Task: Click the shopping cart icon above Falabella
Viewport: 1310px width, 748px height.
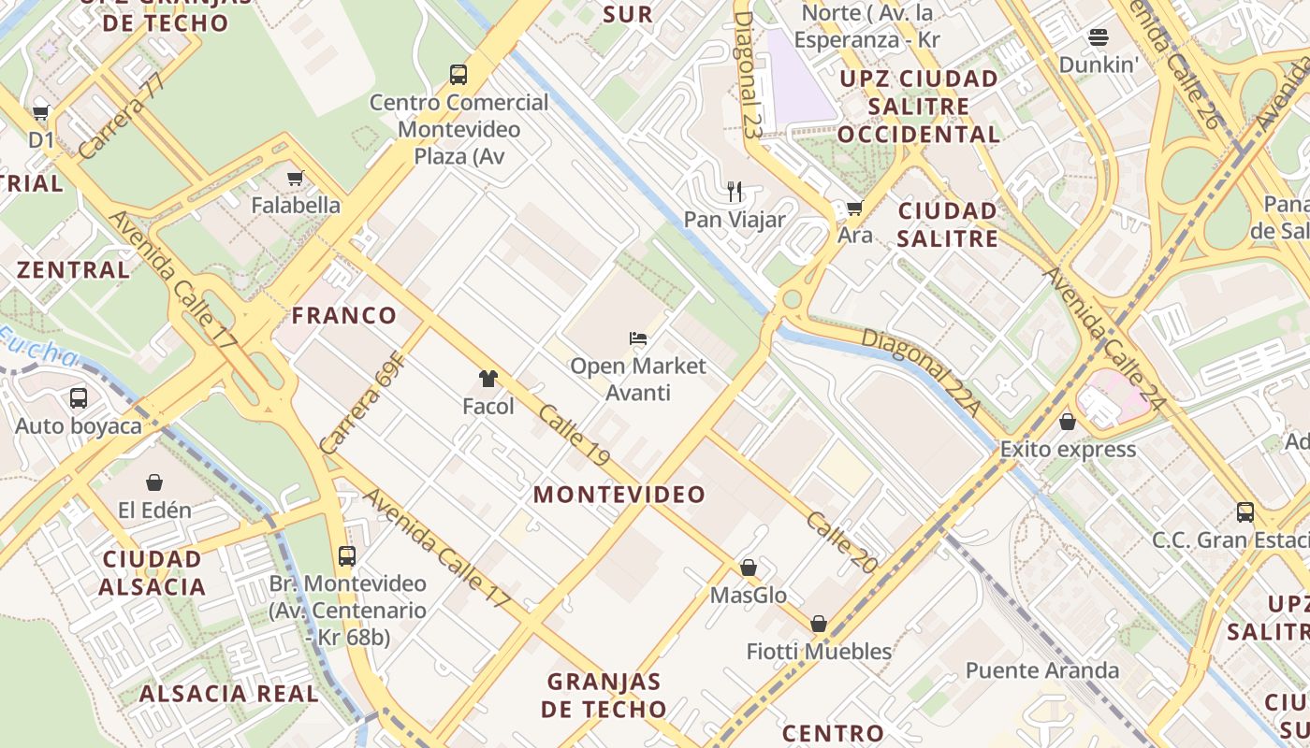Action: pyautogui.click(x=296, y=178)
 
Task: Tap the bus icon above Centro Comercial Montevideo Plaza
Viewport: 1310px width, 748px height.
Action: pyautogui.click(x=458, y=74)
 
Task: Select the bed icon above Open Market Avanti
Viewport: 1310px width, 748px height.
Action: pyautogui.click(x=638, y=338)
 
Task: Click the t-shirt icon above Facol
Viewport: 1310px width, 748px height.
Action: pyautogui.click(x=488, y=379)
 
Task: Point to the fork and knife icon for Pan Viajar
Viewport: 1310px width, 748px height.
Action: pyautogui.click(x=735, y=192)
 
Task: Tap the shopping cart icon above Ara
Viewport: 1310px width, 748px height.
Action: pyautogui.click(x=854, y=208)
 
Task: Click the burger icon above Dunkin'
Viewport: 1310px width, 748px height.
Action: pyautogui.click(x=1099, y=37)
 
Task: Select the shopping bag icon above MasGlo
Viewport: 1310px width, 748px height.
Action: pyautogui.click(x=748, y=568)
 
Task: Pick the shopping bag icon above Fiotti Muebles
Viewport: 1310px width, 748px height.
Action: pyautogui.click(x=819, y=623)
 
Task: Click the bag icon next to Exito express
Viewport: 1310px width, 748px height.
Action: pyautogui.click(x=1068, y=422)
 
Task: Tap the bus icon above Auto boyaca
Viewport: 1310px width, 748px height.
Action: pyautogui.click(x=79, y=398)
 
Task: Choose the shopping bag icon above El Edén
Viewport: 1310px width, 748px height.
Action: pyautogui.click(x=154, y=482)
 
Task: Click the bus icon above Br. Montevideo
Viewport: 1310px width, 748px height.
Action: pyautogui.click(x=347, y=555)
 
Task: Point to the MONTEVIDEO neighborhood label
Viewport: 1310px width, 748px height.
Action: pyautogui.click(x=619, y=495)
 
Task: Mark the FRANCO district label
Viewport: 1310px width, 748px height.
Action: pyautogui.click(x=344, y=315)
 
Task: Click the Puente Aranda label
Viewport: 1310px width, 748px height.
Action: pyautogui.click(x=1041, y=670)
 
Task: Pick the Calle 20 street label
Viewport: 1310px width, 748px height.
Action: pyautogui.click(x=842, y=542)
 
